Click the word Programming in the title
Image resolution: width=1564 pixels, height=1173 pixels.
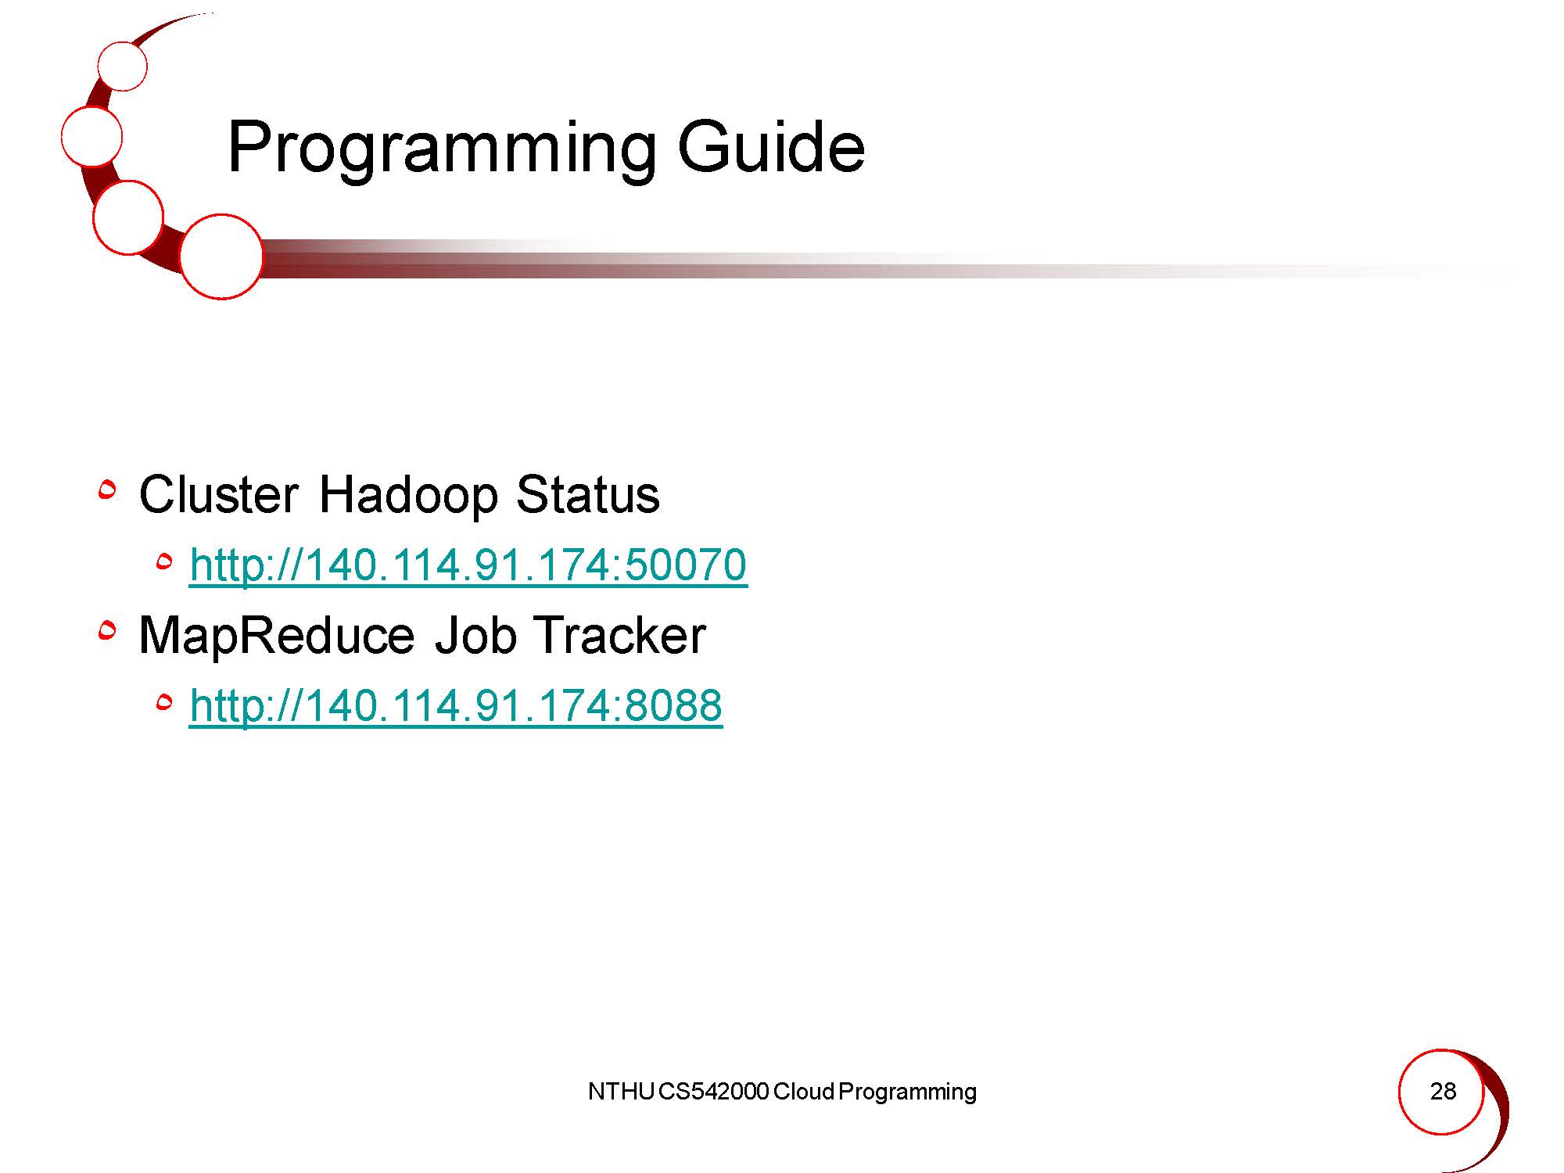click(x=442, y=149)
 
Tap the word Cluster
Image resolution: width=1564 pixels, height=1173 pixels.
click(x=219, y=494)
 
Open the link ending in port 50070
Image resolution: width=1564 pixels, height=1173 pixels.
click(x=468, y=565)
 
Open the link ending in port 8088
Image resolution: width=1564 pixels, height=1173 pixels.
click(x=456, y=705)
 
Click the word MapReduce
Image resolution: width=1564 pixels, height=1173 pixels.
click(x=277, y=637)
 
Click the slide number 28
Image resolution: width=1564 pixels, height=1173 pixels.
click(x=1443, y=1091)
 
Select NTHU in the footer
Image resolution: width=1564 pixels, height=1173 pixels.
click(x=621, y=1091)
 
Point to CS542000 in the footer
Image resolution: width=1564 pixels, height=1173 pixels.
click(x=713, y=1091)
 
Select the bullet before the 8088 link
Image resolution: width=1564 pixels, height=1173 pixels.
click(x=164, y=704)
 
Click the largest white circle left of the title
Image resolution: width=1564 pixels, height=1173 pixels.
click(x=221, y=256)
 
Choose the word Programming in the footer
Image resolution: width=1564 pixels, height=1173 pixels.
click(x=907, y=1092)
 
